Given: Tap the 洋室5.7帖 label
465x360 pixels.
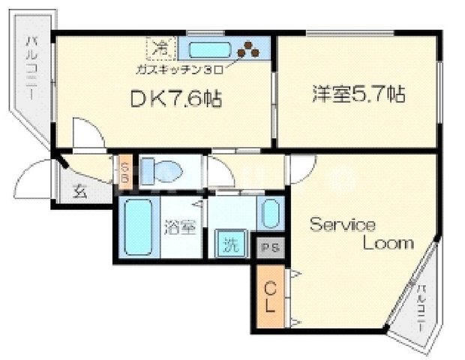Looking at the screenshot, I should tap(358, 95).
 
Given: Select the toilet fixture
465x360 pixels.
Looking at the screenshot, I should tap(160, 169).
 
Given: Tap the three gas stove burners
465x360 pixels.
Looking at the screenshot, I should tap(248, 51).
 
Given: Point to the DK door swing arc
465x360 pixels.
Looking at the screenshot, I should tap(88, 135).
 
